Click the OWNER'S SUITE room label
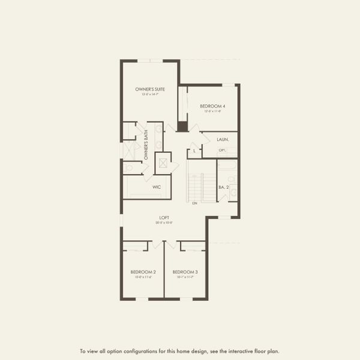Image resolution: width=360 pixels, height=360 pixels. pos(149,89)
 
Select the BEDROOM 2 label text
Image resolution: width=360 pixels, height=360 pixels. pos(143,272)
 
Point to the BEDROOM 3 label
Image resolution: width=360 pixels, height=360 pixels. pos(185,272)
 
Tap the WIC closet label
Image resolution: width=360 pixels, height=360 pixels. pos(157,187)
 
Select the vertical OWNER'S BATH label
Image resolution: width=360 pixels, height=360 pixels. pos(146,145)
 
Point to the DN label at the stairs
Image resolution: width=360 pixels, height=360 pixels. pos(194,204)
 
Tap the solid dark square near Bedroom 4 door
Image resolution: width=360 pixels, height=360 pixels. pos(182,127)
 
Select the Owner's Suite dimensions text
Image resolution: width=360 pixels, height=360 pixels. pos(149,94)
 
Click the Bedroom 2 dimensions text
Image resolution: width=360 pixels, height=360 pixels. pos(143,277)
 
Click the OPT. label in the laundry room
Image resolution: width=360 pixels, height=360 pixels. pos(222,150)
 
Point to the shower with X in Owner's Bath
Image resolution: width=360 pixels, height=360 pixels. pos(128,150)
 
